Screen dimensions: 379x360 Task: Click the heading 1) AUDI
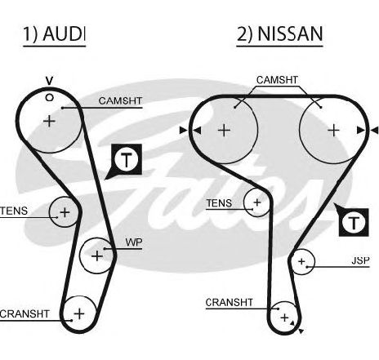(54, 33)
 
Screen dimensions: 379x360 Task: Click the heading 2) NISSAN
(279, 33)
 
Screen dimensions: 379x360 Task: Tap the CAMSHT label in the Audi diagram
(120, 101)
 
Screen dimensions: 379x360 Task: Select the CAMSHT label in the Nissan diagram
(277, 80)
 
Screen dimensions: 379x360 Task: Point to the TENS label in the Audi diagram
(14, 211)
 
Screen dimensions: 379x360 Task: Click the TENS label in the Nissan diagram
(219, 203)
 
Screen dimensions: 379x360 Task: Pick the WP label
(134, 242)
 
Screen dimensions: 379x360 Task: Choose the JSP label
(360, 260)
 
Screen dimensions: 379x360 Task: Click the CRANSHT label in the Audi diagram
(25, 314)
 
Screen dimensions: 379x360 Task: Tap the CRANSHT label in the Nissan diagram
(230, 303)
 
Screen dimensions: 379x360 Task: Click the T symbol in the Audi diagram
(127, 160)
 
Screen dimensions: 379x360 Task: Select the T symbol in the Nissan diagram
(354, 223)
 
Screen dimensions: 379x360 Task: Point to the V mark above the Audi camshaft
(49, 81)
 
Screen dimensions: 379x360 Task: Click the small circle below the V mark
(49, 97)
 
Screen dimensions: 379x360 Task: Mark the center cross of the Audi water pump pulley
(97, 256)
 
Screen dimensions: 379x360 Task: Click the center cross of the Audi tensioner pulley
(65, 212)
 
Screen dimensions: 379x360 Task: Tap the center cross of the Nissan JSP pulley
(301, 261)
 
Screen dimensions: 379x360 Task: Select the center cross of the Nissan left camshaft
(225, 131)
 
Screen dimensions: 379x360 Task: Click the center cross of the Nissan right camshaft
(333, 131)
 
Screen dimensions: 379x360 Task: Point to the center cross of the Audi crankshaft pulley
(79, 313)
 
